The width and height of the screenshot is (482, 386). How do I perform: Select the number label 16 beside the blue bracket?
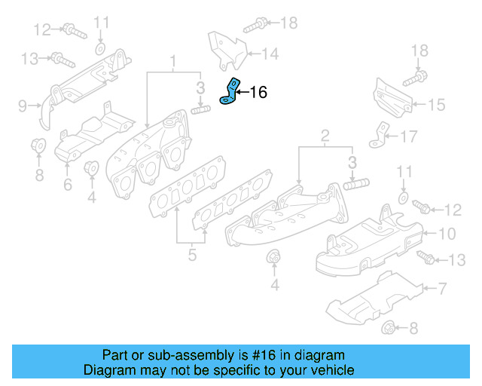(258, 93)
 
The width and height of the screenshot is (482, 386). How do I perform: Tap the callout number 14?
(270, 54)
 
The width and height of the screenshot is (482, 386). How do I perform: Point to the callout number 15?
(438, 105)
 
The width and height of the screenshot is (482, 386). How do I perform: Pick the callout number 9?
(22, 104)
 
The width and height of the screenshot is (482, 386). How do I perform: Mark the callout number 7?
(442, 287)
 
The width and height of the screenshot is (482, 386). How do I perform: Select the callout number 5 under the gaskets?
(192, 255)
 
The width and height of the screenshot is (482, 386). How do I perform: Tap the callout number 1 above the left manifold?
(172, 60)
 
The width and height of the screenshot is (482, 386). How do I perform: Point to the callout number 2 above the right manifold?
(325, 136)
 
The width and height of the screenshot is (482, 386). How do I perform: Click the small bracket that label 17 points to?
(377, 138)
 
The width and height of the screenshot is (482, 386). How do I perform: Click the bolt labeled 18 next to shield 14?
(253, 24)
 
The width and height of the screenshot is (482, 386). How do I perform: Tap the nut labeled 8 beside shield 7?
(389, 327)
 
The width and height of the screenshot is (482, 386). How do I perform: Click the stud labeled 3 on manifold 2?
(358, 184)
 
